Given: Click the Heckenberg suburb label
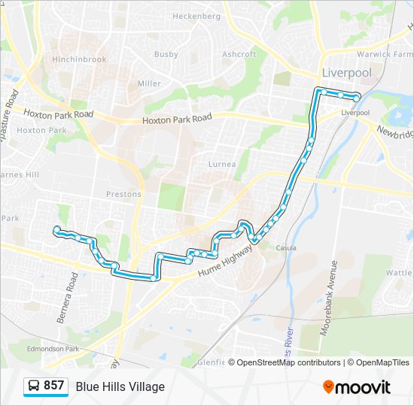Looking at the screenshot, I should [x=196, y=16].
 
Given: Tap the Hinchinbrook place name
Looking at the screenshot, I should [x=78, y=59].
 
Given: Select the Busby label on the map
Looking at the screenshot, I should [x=166, y=54].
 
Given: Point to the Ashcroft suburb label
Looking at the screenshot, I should [x=239, y=54].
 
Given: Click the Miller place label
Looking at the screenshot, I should [x=149, y=83].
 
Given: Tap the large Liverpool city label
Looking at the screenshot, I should [x=346, y=73].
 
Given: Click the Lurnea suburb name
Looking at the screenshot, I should [x=222, y=164].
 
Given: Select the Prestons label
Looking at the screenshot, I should [x=123, y=194].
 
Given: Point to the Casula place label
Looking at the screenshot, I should [x=286, y=248].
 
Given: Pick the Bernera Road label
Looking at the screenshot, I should [x=67, y=298].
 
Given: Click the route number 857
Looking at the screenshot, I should [x=53, y=386].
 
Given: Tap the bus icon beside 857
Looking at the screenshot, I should [x=34, y=386].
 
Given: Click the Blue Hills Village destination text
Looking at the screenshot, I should [x=120, y=386].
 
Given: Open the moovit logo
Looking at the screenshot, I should [x=357, y=387].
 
